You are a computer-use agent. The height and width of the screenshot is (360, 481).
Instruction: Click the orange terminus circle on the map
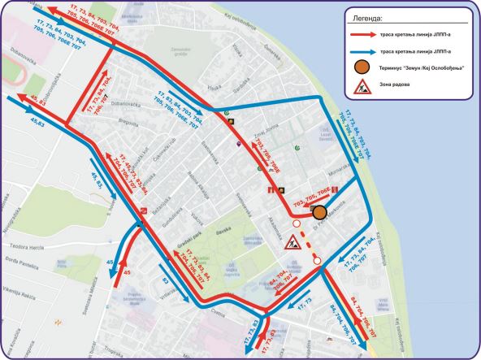[319, 212]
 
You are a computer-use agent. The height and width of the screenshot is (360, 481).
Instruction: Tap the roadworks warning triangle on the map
[289, 242]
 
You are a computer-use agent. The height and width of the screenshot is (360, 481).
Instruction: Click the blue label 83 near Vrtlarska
[166, 282]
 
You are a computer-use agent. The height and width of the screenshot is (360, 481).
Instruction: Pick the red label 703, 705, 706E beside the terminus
[310, 197]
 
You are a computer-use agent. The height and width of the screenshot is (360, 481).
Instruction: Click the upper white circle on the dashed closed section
[297, 223]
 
